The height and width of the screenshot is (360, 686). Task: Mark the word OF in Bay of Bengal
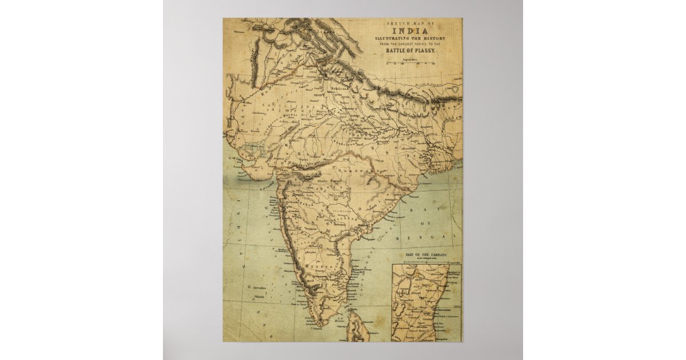click(x=430, y=223)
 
